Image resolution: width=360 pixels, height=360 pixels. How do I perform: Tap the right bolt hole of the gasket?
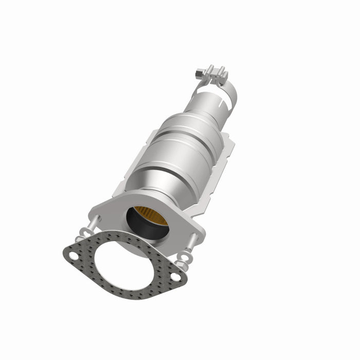[175, 277]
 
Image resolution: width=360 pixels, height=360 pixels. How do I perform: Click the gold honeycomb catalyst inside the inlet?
[152, 216]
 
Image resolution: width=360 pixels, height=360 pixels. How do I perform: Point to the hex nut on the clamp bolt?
[199, 75]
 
